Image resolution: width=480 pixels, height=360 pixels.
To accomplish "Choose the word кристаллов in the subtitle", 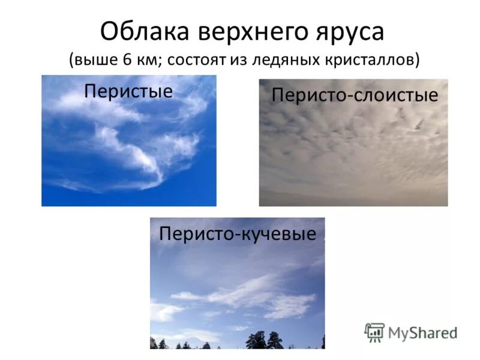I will point(370,60).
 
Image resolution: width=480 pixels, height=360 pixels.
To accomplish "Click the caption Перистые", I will point(128,91).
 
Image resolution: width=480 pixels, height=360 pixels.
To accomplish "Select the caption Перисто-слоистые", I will point(355,95).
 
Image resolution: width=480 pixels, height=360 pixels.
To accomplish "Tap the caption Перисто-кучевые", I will point(237,233).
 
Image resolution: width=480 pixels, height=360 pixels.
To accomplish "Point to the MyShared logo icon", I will point(374,332).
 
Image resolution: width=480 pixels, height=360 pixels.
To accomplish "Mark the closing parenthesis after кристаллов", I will point(416,60).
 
